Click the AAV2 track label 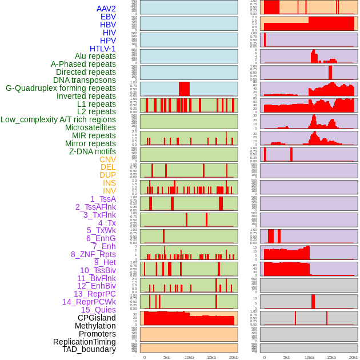[106, 9]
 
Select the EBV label [108, 17]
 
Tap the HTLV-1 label [102, 49]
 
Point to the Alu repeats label [95, 56]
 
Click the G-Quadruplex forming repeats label [61, 88]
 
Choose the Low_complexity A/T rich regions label [58, 119]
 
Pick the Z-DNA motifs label [92, 151]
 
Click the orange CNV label [107, 159]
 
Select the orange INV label [109, 191]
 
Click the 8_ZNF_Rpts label [93, 254]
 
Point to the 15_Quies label [98, 310]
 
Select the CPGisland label [97, 318]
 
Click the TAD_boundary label [89, 349]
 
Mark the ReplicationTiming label [85, 342]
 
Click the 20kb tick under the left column [234, 357]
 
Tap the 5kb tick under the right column [287, 357]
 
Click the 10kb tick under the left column [189, 357]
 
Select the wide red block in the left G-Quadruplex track [184, 89]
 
